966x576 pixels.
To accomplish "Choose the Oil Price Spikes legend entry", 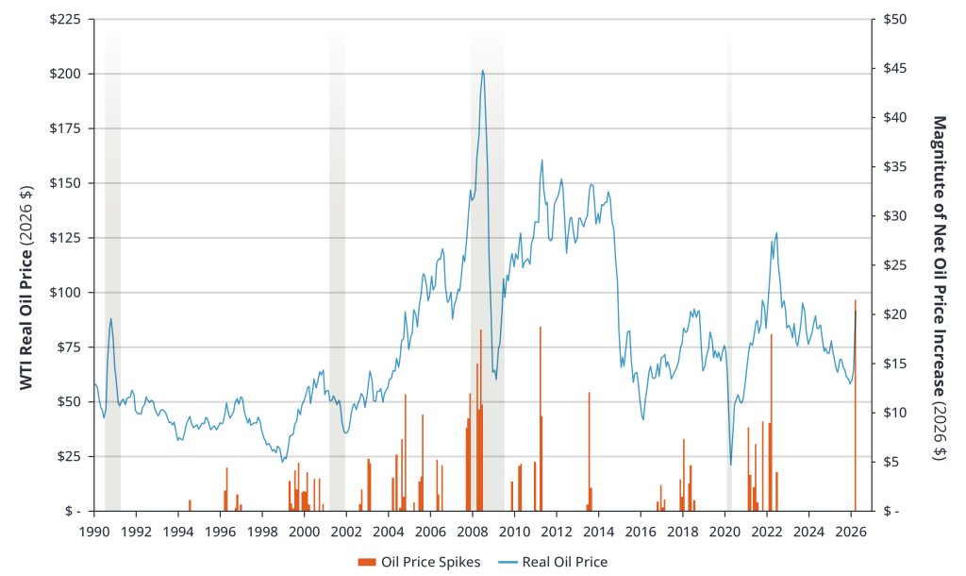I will tap(420, 562).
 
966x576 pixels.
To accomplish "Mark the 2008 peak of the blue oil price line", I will tap(483, 70).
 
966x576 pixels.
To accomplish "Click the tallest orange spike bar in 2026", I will tap(856, 406).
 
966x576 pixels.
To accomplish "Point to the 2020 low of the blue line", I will tap(731, 465).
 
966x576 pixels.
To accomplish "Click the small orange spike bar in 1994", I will tap(190, 505).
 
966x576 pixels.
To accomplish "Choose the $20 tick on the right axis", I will tap(893, 314).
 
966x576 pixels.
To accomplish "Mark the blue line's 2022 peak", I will tap(776, 232).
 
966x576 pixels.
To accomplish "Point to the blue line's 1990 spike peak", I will tap(110, 319).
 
